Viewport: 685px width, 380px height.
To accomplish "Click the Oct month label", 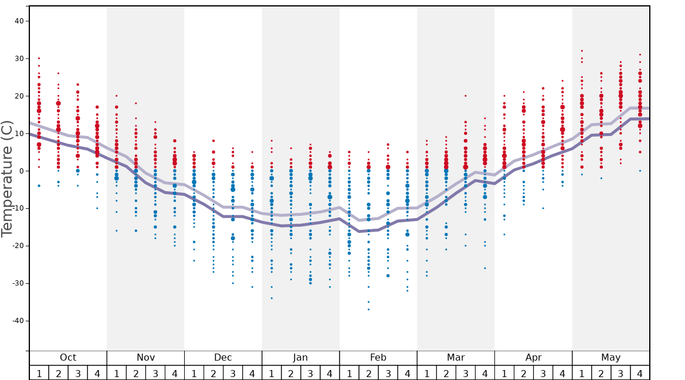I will click(68, 358).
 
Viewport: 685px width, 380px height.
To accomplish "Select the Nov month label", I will click(145, 358).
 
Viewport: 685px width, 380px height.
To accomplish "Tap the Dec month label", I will click(223, 358).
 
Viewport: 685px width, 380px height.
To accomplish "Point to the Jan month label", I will click(300, 358).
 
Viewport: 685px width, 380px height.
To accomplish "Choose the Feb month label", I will click(378, 358).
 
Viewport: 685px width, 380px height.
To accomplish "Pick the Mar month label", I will click(456, 358).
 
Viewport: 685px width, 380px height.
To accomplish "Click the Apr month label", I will click(533, 358).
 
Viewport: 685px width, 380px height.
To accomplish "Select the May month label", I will click(611, 358).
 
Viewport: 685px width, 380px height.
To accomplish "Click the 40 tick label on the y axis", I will click(19, 21).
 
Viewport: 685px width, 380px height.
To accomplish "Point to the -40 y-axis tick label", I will click(17, 321).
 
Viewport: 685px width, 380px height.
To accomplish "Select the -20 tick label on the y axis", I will click(17, 246).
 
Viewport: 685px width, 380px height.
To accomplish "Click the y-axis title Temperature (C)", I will click(8, 178).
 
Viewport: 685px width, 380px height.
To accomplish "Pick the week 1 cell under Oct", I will click(39, 373).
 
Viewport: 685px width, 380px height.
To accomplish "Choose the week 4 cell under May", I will click(640, 373).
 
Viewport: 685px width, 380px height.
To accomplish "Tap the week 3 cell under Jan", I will click(310, 373).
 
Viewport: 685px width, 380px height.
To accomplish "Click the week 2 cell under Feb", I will click(368, 373).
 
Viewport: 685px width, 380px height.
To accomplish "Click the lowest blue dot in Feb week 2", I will click(368, 309).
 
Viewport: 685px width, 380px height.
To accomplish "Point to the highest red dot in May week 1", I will click(582, 51).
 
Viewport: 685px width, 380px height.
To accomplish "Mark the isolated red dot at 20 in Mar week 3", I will click(466, 96).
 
